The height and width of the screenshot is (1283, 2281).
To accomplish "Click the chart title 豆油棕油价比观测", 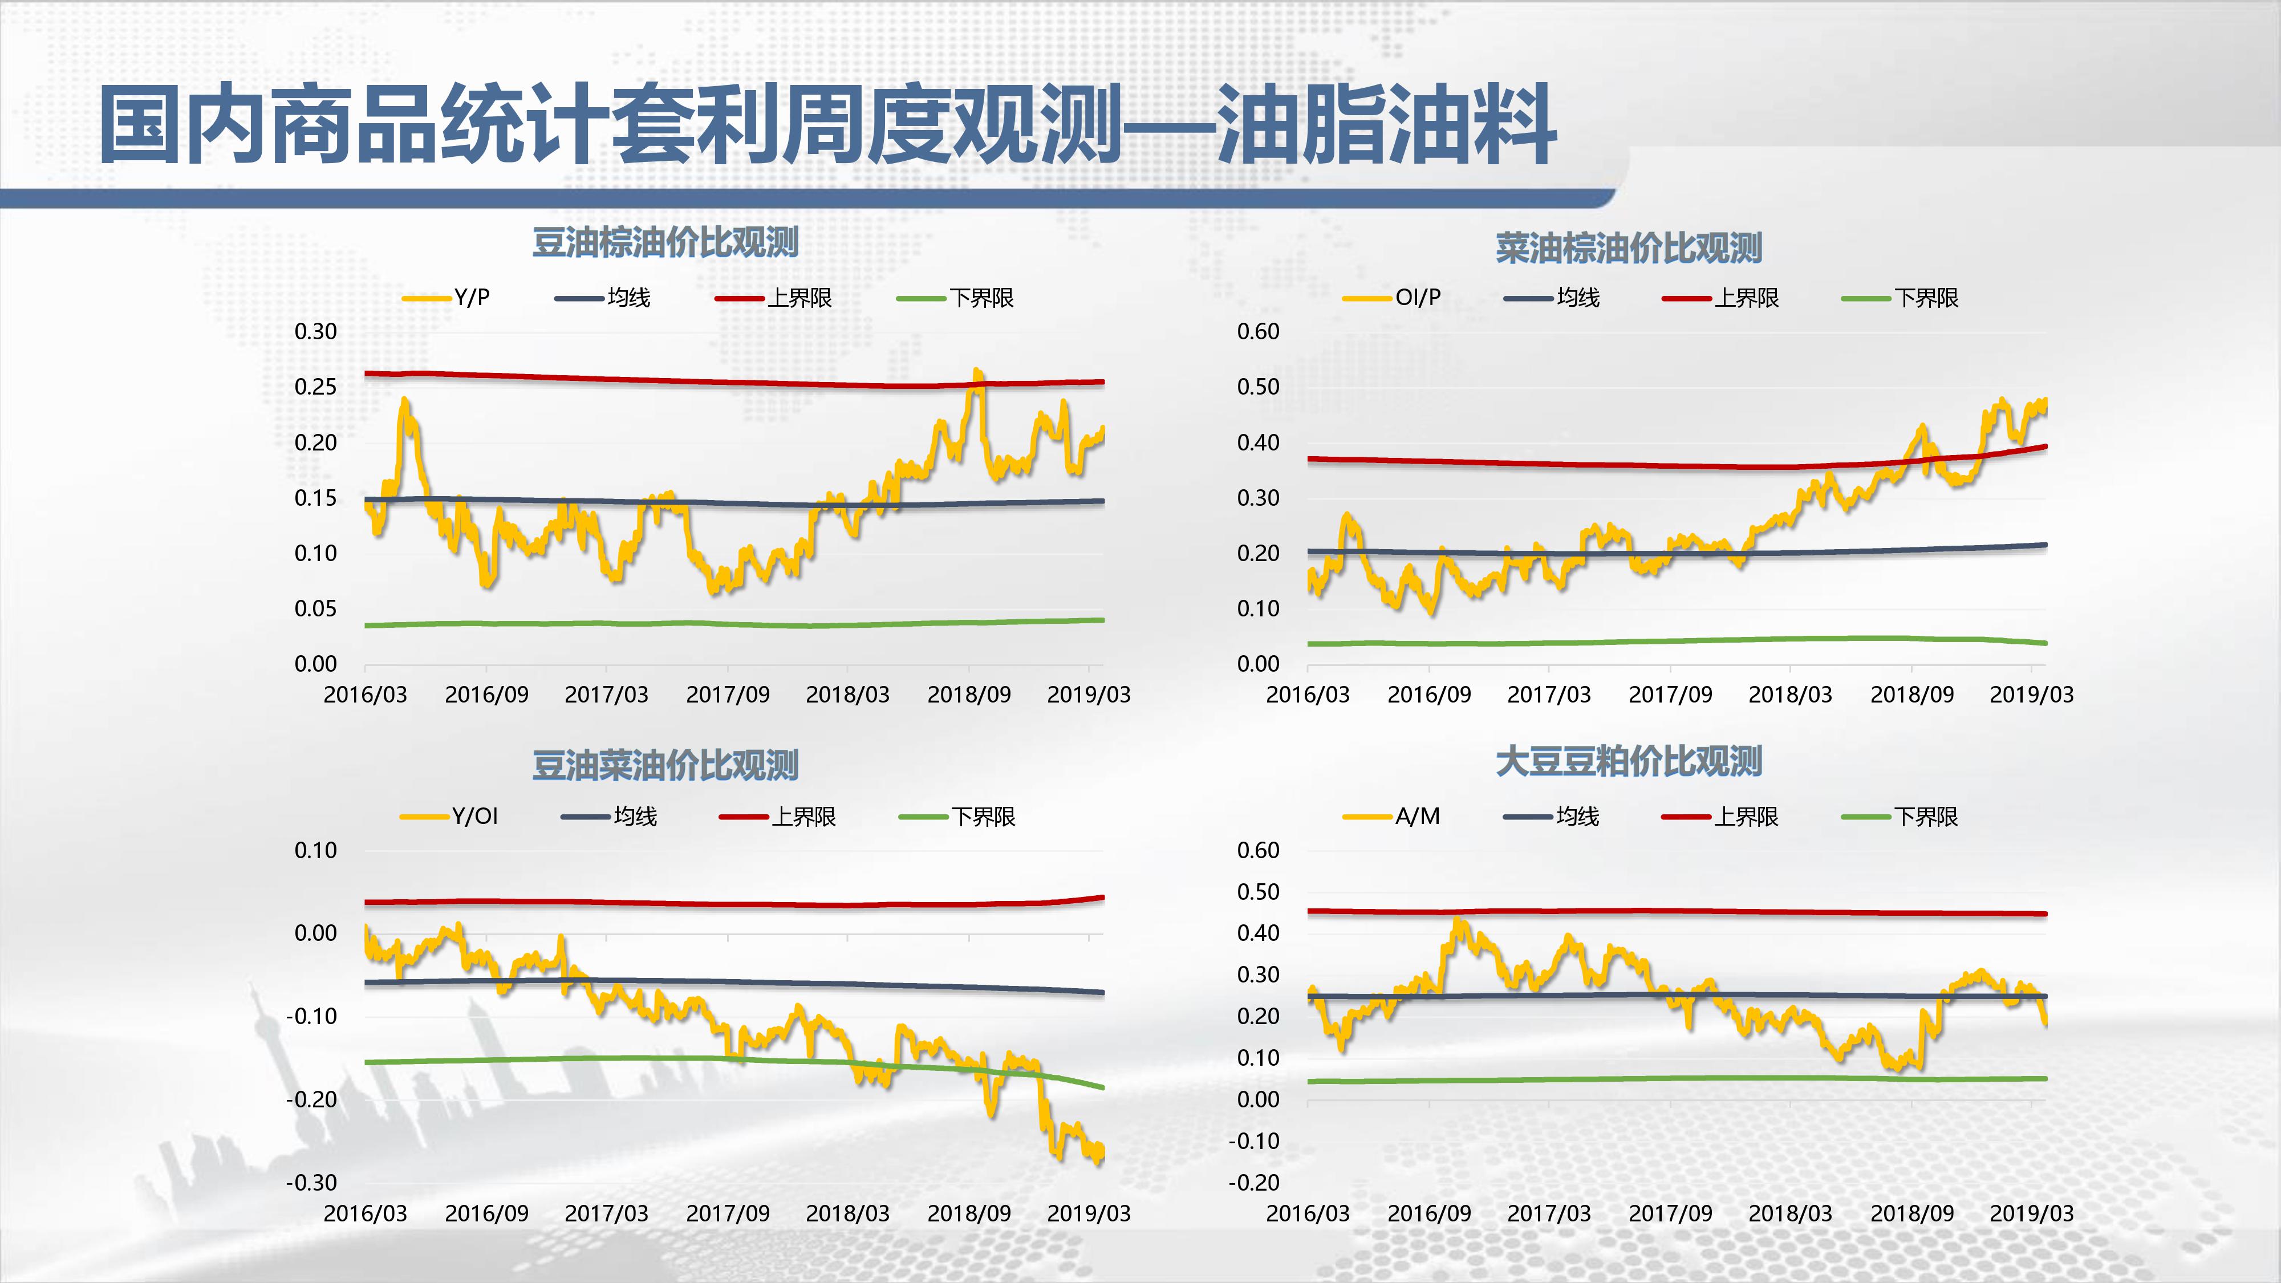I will click(x=665, y=242).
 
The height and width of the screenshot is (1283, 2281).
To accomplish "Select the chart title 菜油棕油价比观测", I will click(x=1629, y=248).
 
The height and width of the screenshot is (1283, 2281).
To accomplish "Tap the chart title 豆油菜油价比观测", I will click(x=665, y=764).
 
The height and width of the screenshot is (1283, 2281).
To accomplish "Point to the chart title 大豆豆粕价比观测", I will click(x=1629, y=761).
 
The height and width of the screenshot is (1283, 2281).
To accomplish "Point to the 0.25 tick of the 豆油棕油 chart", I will click(x=315, y=387).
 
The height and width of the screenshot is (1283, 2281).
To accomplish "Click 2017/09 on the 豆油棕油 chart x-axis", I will click(x=728, y=694).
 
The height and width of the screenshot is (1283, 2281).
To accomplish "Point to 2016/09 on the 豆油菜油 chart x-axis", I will click(x=486, y=1213).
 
